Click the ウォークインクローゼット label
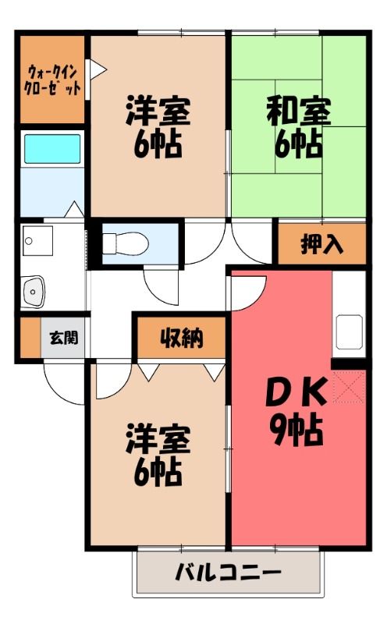click(x=52, y=80)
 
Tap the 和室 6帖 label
click(x=299, y=126)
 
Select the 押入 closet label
click(x=321, y=243)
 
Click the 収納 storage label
click(x=182, y=338)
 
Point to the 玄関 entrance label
click(x=63, y=338)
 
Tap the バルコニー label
click(x=229, y=573)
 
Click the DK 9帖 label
click(x=296, y=413)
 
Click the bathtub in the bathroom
click(x=52, y=149)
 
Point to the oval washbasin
click(x=33, y=291)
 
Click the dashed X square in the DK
click(x=349, y=386)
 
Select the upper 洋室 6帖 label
click(x=158, y=126)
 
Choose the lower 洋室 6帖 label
click(x=158, y=456)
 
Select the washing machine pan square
click(x=37, y=240)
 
